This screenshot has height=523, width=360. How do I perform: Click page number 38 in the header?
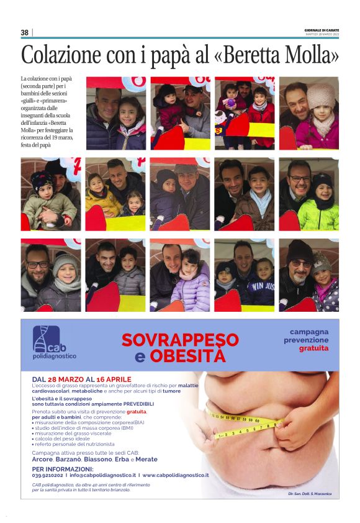pos(25,32)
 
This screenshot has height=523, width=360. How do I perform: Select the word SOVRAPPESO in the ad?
pos(180,340)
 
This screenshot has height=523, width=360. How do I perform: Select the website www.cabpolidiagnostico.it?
pos(175,475)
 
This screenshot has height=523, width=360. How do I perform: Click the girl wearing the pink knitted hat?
pos(322,118)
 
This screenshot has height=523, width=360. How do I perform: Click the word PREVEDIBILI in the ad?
pos(136,404)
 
